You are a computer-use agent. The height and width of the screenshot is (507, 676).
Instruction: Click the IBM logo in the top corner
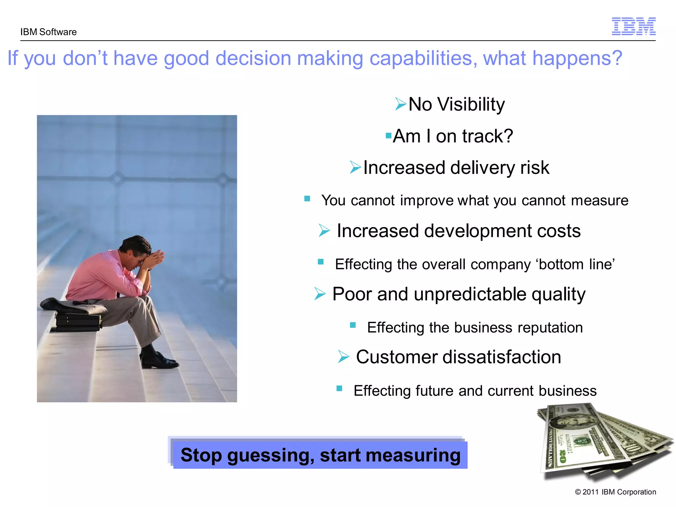pos(633,26)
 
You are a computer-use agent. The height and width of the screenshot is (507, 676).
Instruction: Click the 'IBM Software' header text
pos(48,32)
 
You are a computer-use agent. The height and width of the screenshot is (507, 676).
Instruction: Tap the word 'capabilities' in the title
pos(423,58)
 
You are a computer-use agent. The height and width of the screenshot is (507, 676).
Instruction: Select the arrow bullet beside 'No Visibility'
pos(400,104)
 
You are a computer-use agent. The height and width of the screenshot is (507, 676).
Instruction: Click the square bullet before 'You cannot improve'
pos(307,199)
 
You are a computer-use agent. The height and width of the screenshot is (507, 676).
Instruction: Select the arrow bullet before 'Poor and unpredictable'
pos(320,293)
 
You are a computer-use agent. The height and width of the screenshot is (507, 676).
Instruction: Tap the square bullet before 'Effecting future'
pos(339,389)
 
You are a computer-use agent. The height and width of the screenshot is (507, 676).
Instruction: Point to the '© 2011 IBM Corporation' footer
pos(615,492)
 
